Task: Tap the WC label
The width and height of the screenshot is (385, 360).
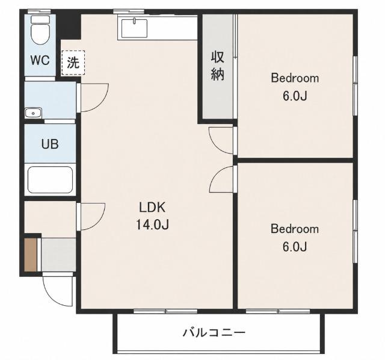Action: pyautogui.click(x=40, y=60)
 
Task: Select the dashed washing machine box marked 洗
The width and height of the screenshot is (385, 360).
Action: pyautogui.click(x=73, y=63)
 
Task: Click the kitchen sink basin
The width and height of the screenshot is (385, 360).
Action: pyautogui.click(x=135, y=28)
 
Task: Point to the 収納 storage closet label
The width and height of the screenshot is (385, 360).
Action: pyautogui.click(x=218, y=66)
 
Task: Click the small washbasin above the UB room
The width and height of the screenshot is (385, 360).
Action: pyautogui.click(x=33, y=113)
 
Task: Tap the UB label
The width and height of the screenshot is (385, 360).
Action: pyautogui.click(x=50, y=144)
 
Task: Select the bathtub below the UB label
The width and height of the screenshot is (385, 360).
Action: pyautogui.click(x=50, y=180)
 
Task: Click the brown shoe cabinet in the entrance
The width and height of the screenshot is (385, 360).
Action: pyautogui.click(x=31, y=255)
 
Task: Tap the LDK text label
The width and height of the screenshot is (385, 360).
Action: pyautogui.click(x=152, y=208)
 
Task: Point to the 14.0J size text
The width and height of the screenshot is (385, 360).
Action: pyautogui.click(x=152, y=225)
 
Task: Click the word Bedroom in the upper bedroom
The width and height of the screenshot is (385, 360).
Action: pyautogui.click(x=295, y=78)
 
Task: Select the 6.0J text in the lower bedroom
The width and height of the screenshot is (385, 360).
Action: pyautogui.click(x=295, y=246)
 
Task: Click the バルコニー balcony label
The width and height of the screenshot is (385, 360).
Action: pyautogui.click(x=214, y=333)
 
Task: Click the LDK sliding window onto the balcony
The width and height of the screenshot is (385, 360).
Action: pyautogui.click(x=165, y=311)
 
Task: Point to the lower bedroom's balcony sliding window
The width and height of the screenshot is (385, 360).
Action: pyautogui.click(x=278, y=311)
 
